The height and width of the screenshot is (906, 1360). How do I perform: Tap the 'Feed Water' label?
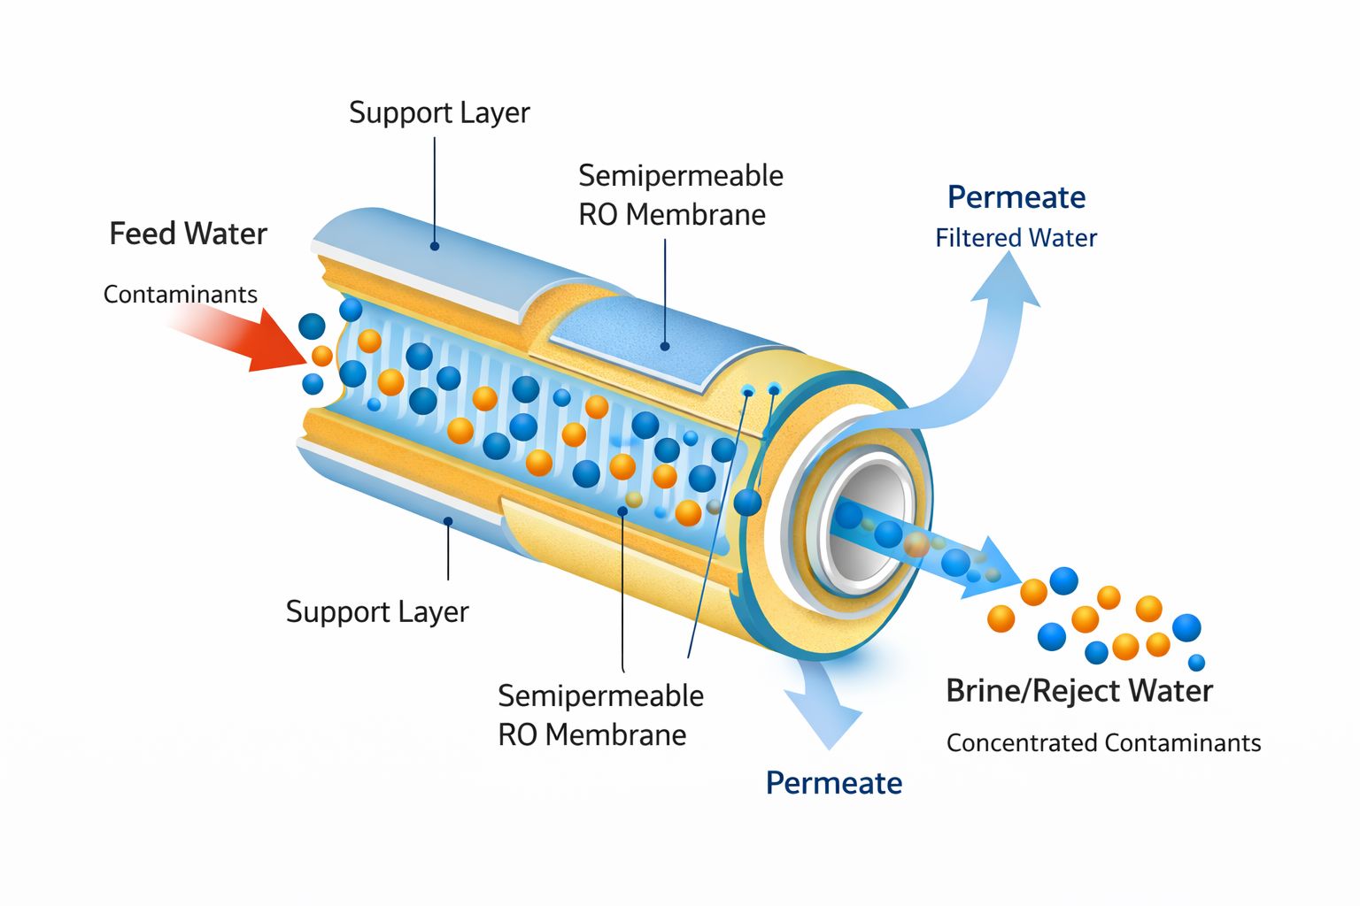coord(188,234)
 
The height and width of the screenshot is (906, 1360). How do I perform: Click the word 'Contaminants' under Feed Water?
coord(180,294)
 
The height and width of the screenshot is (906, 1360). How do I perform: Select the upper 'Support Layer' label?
coord(439,112)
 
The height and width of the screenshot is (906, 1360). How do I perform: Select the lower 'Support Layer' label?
coord(377,611)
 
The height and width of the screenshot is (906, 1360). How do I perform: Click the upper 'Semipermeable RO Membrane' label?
coord(680,195)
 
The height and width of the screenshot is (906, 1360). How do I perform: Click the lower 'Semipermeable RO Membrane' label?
coord(600,715)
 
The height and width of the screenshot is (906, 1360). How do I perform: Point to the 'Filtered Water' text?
coord(1016,238)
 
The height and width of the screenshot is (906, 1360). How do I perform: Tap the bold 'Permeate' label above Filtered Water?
coord(1016,197)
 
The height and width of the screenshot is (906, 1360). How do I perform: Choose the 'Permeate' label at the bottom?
coord(833,783)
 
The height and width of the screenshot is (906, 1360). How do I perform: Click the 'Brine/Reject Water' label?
coord(1078,690)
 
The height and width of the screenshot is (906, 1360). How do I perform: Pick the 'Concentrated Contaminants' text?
coord(1103,742)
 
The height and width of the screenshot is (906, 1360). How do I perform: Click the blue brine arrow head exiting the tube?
coord(996,566)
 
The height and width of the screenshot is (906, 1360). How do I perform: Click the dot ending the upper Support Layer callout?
coord(435,245)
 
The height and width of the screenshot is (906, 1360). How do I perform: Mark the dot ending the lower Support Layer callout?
coord(448,522)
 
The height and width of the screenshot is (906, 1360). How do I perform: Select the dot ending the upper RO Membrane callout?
coord(665,346)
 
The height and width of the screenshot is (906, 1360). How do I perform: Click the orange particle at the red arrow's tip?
coord(322,356)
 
